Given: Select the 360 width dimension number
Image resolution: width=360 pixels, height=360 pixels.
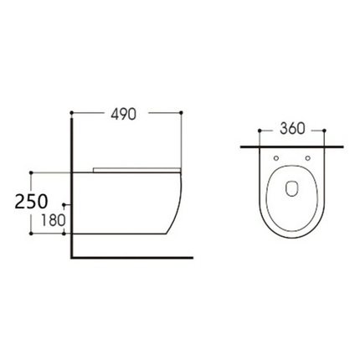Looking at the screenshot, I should pos(291,129).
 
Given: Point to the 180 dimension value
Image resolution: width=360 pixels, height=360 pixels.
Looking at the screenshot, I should pos(44,222).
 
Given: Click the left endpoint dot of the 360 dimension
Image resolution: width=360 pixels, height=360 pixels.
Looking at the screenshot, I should pos(260,131).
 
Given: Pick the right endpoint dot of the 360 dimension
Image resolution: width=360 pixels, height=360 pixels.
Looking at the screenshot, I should pos(324,131).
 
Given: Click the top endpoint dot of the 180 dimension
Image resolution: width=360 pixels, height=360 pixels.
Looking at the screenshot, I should pos(64,206).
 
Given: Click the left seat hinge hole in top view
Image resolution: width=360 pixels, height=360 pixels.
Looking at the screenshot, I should pos(276,157).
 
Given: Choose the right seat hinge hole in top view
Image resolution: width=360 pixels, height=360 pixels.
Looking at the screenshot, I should pos(308,157).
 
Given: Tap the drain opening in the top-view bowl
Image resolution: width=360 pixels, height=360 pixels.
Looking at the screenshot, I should pos(292,188).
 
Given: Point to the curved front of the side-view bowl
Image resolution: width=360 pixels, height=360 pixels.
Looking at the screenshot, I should pos(175,209).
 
